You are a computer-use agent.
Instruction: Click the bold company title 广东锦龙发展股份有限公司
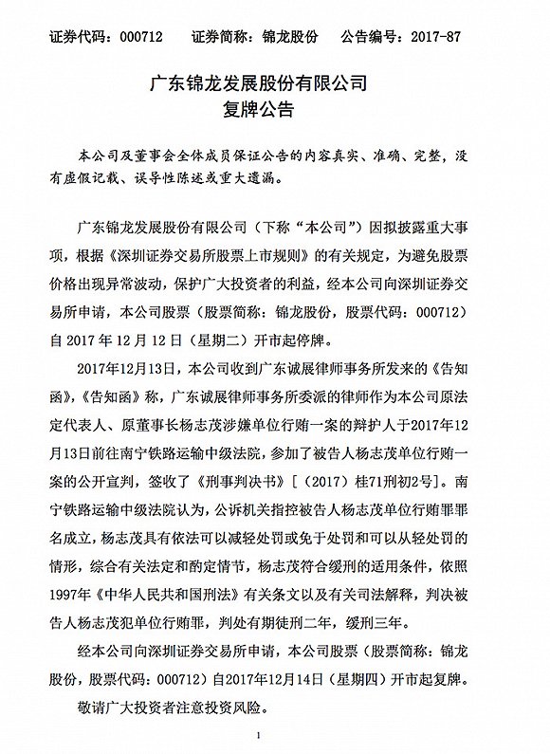click(x=275, y=83)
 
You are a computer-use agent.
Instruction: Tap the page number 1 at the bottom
click(x=275, y=734)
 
